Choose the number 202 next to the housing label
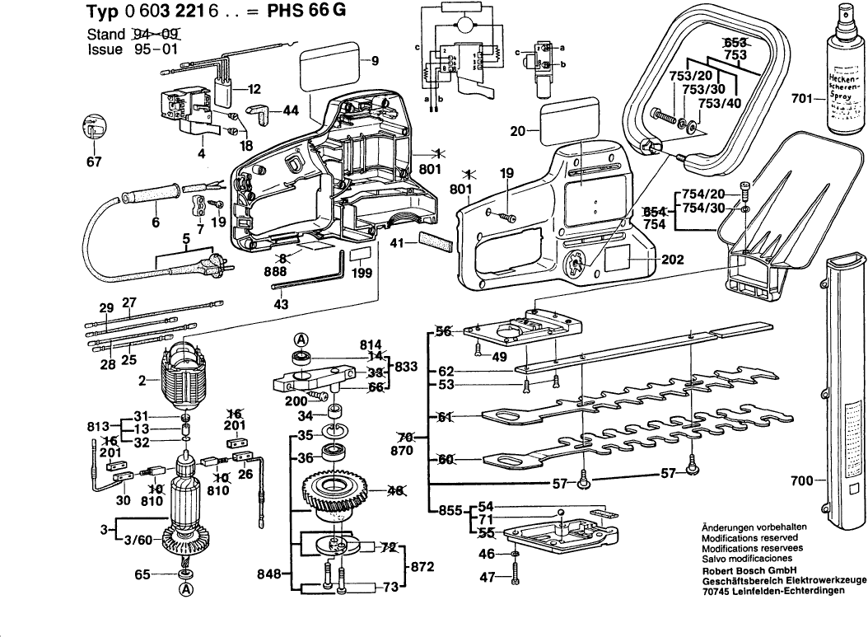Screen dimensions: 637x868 (x=672, y=258)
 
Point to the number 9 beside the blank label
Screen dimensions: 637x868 (x=375, y=61)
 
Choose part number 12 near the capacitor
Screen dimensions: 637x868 (x=253, y=88)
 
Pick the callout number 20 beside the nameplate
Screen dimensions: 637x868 (x=517, y=131)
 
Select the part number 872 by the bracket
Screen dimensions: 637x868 (x=421, y=566)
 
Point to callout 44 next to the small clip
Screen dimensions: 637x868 (x=291, y=110)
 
